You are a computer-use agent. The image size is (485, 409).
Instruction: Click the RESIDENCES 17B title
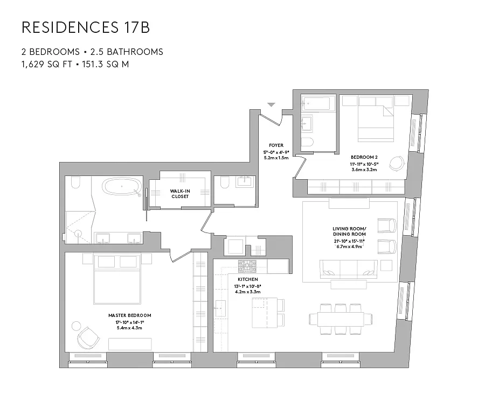[86, 28]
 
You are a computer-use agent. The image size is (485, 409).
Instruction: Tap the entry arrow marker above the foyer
[271, 104]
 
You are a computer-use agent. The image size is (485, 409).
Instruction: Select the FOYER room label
[276, 145]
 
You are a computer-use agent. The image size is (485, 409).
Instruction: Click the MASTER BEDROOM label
[129, 315]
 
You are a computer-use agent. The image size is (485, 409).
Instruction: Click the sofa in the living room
[348, 268]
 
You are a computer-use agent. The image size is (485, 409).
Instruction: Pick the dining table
[341, 319]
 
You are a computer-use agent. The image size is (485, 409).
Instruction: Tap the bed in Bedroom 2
[376, 118]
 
